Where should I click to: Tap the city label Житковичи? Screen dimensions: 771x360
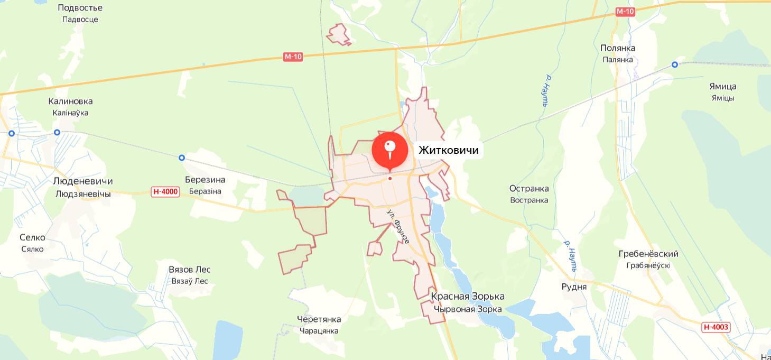(448, 150)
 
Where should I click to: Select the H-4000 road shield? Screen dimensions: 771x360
(165, 192)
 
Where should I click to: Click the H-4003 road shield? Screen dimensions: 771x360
(716, 327)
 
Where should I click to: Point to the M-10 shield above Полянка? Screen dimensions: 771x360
(625, 12)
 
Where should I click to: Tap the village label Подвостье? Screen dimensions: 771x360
(80, 8)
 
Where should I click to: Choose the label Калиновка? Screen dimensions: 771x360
(70, 101)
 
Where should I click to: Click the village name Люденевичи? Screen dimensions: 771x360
(83, 181)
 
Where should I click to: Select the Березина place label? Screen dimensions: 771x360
(205, 180)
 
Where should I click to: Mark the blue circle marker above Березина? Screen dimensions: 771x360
(182, 158)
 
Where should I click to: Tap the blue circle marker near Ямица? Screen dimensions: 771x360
(675, 64)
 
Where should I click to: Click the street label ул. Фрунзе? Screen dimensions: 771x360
(398, 226)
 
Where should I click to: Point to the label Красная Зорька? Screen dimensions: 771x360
(468, 296)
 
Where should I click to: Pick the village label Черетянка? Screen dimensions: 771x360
(319, 319)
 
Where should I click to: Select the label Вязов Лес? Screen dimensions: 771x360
(190, 270)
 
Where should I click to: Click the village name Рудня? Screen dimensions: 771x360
(574, 287)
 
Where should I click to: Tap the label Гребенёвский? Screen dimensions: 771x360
(648, 254)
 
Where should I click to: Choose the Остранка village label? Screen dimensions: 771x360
(529, 189)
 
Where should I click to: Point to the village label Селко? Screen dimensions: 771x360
(32, 237)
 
